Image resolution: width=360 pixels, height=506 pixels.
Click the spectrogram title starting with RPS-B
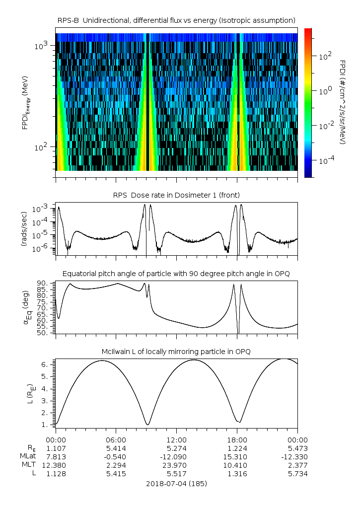point(176,20)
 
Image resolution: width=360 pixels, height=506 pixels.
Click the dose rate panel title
point(176,195)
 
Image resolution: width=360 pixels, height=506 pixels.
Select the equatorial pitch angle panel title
point(176,274)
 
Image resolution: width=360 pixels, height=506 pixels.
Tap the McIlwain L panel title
point(176,351)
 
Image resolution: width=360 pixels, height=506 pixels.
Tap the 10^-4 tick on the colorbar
point(325,160)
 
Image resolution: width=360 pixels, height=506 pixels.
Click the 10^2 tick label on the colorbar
point(325,57)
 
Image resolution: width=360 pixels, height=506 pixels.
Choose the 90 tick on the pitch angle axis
point(43,284)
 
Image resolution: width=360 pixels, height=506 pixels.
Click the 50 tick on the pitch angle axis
point(43,333)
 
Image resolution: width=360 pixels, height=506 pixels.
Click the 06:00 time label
point(116,439)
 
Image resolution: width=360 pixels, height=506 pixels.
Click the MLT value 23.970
point(176,465)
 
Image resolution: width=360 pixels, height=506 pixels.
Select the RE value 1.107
point(56,448)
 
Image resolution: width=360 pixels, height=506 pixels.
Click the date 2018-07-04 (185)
point(176,483)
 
